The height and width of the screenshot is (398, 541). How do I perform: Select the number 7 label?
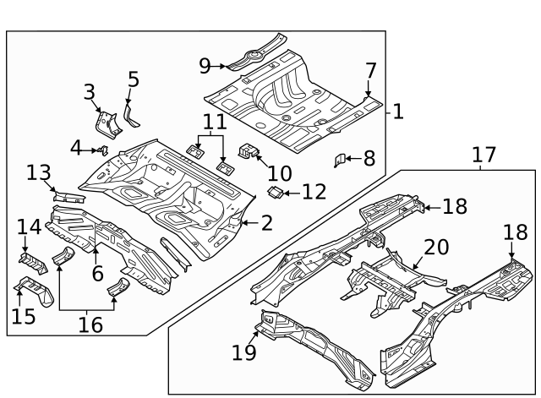tap(370, 70)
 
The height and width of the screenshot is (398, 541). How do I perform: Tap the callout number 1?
tap(398, 111)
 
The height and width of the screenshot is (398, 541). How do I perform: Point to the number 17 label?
tap(484, 155)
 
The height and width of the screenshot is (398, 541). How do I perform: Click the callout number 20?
tap(437, 247)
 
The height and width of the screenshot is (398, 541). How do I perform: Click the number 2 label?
tap(266, 223)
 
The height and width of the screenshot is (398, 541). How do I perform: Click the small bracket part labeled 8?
tap(342, 159)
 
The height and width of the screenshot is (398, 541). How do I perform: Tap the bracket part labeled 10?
tap(249, 152)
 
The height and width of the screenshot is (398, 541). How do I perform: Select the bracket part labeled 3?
tap(107, 124)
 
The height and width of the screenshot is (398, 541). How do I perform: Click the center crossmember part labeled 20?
tap(385, 279)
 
